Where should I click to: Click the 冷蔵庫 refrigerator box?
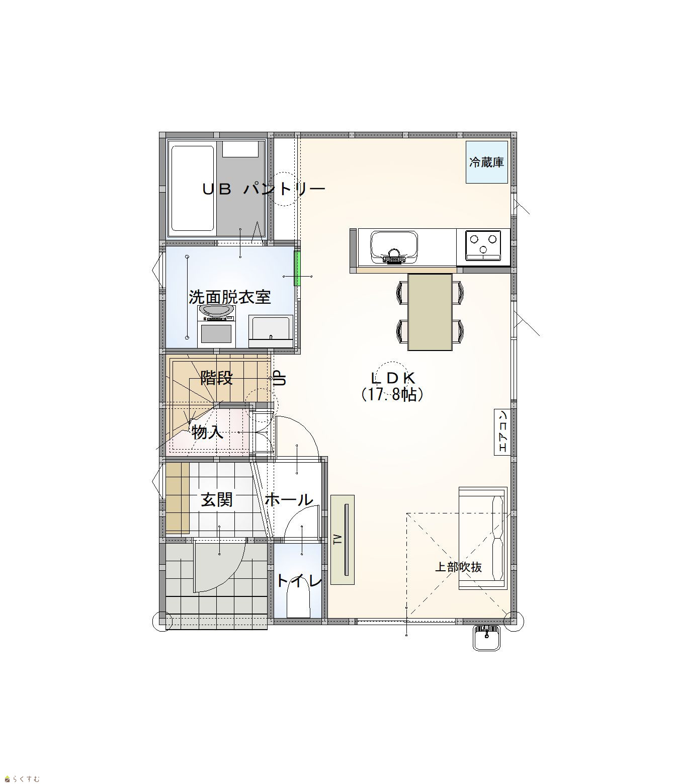click(487, 162)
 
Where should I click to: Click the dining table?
click(430, 312)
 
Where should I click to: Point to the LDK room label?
click(393, 378)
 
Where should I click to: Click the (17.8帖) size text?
click(392, 395)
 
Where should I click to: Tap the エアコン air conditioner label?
click(502, 432)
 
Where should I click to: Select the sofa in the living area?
click(483, 538)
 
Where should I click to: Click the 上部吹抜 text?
click(458, 567)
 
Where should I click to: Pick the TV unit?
click(342, 540)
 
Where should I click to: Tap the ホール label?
click(289, 499)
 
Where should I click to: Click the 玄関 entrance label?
click(217, 499)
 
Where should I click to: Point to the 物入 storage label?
click(208, 432)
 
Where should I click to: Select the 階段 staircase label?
click(217, 378)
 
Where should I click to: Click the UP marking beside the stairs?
click(280, 378)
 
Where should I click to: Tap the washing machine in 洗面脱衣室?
click(216, 326)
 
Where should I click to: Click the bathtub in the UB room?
click(192, 189)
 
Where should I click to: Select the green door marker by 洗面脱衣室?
click(298, 268)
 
